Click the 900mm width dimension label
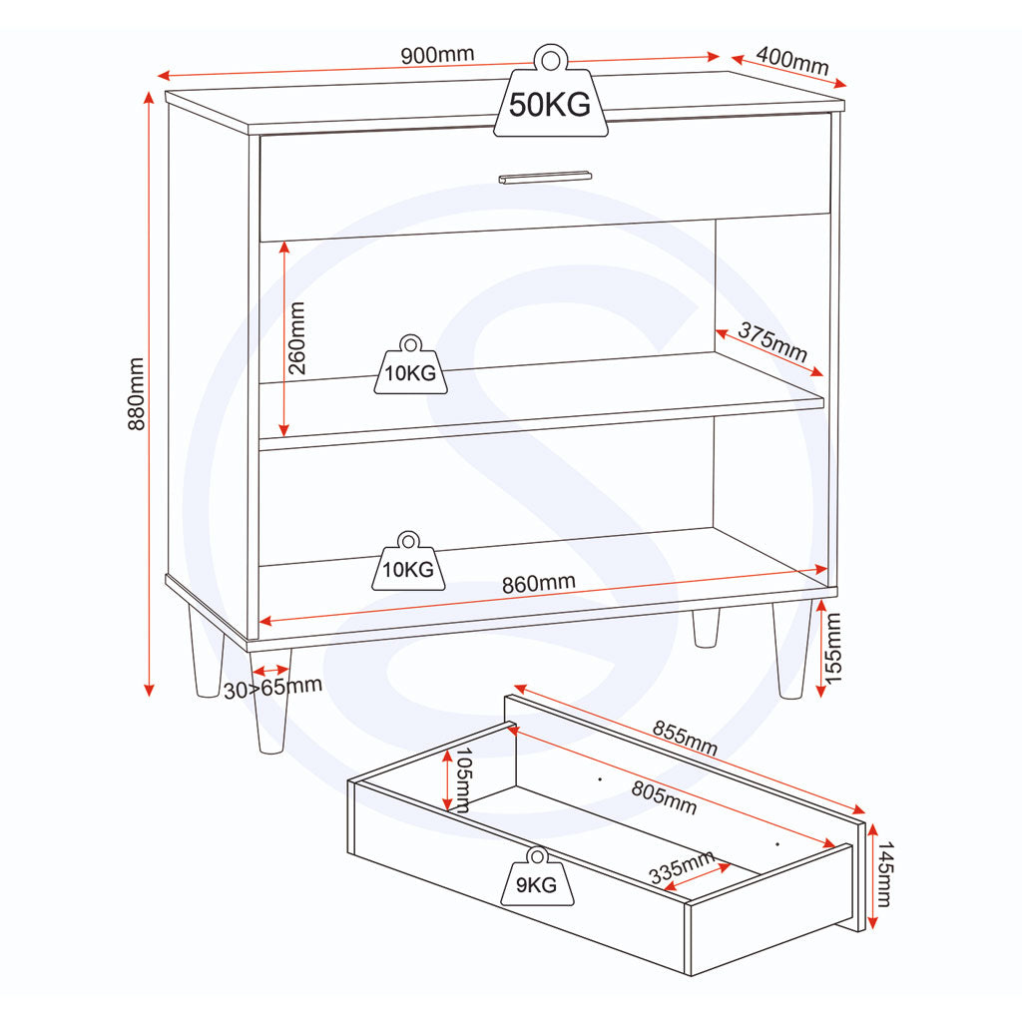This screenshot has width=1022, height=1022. point(437,55)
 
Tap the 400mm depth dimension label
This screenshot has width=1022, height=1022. point(792,61)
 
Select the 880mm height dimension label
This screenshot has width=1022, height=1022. point(136,393)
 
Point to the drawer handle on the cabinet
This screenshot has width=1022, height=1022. point(545,178)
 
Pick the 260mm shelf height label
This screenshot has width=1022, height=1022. point(296,337)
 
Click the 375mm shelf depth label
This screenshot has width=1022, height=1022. point(773,342)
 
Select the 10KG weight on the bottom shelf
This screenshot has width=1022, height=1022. point(408,562)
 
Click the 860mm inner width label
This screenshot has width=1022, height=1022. point(538,583)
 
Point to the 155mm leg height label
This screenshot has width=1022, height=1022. point(833,648)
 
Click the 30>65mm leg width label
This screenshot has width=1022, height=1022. point(272,688)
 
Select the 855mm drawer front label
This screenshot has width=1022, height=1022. point(685,738)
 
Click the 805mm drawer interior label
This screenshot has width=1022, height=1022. point(664,797)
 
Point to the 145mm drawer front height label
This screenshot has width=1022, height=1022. point(884,873)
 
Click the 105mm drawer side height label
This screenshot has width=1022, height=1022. point(463,779)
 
